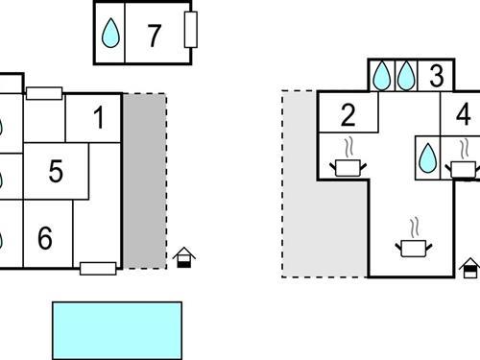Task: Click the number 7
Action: pyautogui.click(x=154, y=36)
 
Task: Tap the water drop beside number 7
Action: pyautogui.click(x=111, y=35)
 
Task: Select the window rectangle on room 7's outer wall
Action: pyautogui.click(x=190, y=31)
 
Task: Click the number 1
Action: pyautogui.click(x=98, y=119)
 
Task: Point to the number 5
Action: pyautogui.click(x=55, y=172)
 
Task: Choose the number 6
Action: pyautogui.click(x=44, y=237)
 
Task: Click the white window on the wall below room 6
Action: pyautogui.click(x=98, y=268)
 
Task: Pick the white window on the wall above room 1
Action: pyautogui.click(x=44, y=93)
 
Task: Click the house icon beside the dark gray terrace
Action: pyautogui.click(x=183, y=257)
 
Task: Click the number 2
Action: pyautogui.click(x=348, y=116)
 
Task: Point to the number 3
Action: pyautogui.click(x=436, y=76)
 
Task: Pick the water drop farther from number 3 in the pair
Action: pyautogui.click(x=382, y=75)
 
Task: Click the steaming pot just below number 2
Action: pyautogui.click(x=348, y=165)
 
